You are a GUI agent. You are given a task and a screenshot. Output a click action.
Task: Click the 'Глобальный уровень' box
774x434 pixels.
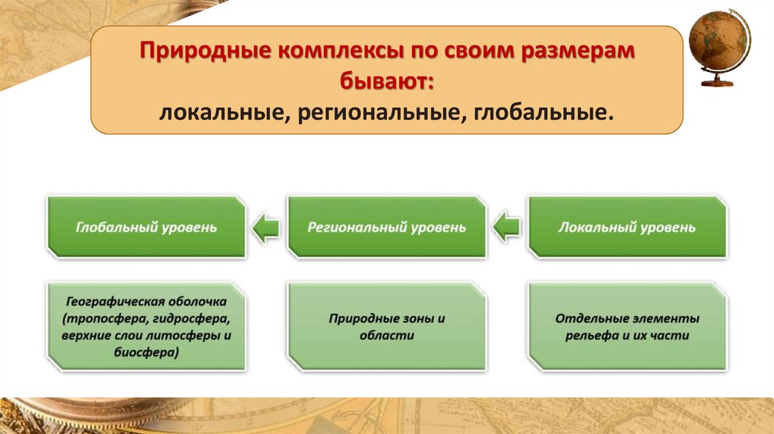pos(146,227)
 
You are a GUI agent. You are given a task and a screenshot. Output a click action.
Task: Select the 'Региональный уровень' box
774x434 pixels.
pos(386,227)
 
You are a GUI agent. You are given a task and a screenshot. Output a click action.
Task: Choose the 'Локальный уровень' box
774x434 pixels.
pos(627,227)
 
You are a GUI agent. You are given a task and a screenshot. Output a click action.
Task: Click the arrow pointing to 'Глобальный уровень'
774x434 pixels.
pos(265,227)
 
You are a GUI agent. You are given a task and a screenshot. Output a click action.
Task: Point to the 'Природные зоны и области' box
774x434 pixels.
pos(386,327)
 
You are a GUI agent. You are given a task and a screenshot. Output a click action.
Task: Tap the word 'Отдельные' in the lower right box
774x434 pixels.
pos(585,318)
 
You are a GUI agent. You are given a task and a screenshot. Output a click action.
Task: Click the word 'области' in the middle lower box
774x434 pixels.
pos(386,336)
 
